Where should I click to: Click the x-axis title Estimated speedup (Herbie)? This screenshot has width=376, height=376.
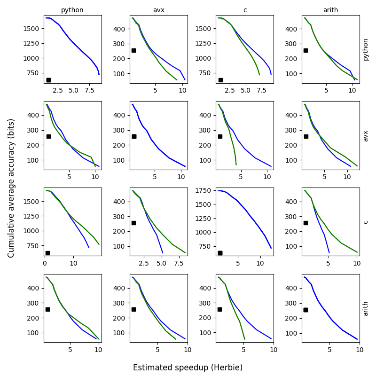[x=188, y=368]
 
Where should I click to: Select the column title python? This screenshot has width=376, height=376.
[x=72, y=10]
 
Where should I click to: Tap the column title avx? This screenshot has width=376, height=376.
[x=158, y=10]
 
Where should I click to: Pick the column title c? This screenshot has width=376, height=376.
[x=245, y=10]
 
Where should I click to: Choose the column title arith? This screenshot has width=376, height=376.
[x=331, y=10]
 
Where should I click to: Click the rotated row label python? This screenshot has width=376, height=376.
[x=366, y=49]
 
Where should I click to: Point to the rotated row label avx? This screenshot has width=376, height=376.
[x=366, y=136]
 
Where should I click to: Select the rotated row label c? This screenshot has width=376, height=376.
[x=366, y=222]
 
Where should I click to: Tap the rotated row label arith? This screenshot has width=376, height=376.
[x=366, y=308]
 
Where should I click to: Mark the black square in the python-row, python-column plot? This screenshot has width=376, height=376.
[x=48, y=80]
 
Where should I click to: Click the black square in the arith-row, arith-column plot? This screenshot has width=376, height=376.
[x=305, y=310]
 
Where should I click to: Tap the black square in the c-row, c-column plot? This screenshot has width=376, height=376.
[x=220, y=253]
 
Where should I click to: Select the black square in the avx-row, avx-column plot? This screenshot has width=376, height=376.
[x=134, y=136]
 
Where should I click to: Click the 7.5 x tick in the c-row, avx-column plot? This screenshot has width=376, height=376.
[x=179, y=263]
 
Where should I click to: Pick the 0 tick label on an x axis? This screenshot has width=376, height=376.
[x=45, y=263]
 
